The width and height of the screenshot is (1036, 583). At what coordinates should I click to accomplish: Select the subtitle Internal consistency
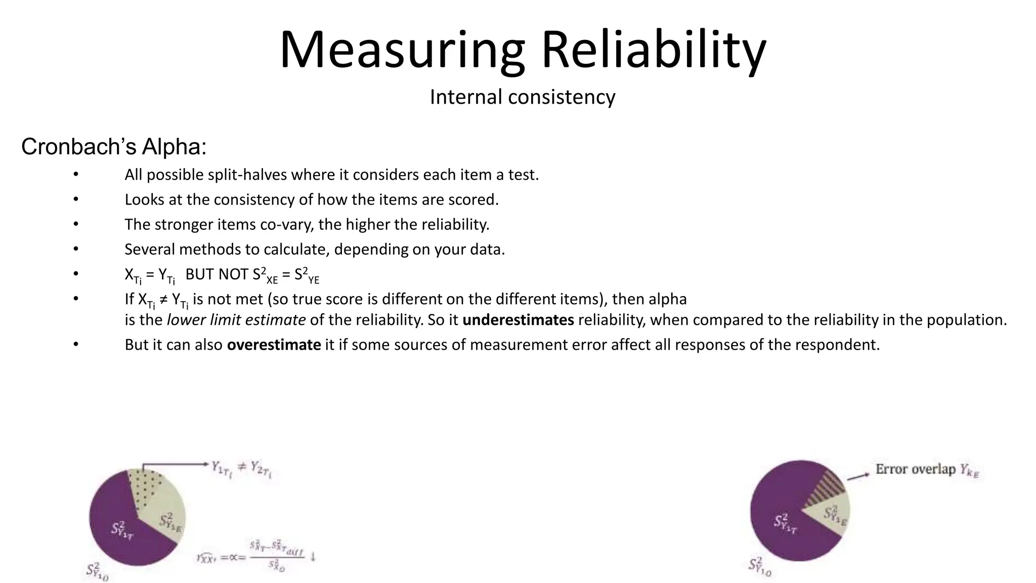click(x=523, y=97)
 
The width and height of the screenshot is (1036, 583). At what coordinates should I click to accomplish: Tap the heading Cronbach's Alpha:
click(x=114, y=147)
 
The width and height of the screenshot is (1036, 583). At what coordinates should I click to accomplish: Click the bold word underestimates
click(x=518, y=320)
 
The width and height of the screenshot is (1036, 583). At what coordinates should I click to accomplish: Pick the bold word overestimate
click(x=274, y=345)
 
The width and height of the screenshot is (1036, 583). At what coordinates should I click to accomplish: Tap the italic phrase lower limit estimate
click(x=236, y=320)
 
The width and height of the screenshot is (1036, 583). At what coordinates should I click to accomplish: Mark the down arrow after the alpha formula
click(x=313, y=556)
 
